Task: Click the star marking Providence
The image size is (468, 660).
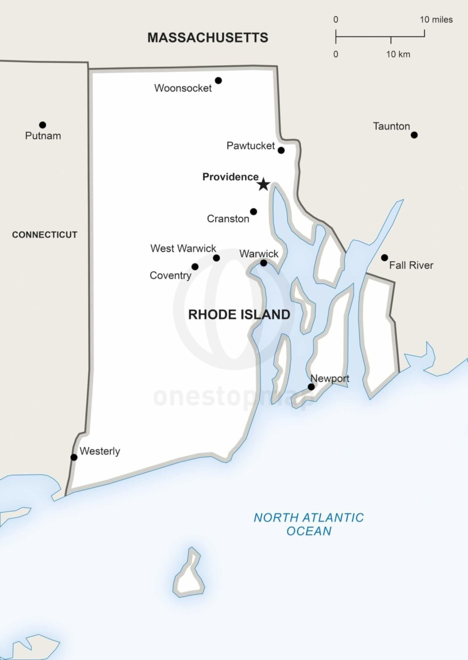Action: [x=263, y=184]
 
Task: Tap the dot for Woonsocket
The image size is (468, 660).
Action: [x=218, y=81]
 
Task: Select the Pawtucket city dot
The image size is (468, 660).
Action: [x=281, y=150]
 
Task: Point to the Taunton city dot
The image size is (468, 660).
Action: [x=414, y=135]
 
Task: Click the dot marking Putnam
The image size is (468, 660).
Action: [x=43, y=125]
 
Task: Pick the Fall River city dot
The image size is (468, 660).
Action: [x=385, y=258]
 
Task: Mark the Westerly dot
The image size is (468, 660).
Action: [x=74, y=457]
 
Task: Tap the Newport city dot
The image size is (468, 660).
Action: [x=311, y=387]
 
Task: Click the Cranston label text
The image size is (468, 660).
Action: [x=228, y=219]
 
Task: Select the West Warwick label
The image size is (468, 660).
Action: [x=183, y=248]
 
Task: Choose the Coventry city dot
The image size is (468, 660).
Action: [x=195, y=267]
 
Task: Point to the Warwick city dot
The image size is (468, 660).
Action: [x=263, y=263]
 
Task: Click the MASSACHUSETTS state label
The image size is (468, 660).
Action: [x=207, y=37]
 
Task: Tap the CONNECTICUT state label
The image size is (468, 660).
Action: [x=45, y=235]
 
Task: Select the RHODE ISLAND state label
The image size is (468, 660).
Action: [x=239, y=314]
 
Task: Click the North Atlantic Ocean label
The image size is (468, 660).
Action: [x=308, y=524]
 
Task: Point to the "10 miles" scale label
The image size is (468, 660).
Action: [x=436, y=20]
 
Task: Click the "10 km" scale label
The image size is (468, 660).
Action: [x=398, y=54]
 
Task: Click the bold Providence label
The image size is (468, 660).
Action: [x=230, y=177]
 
